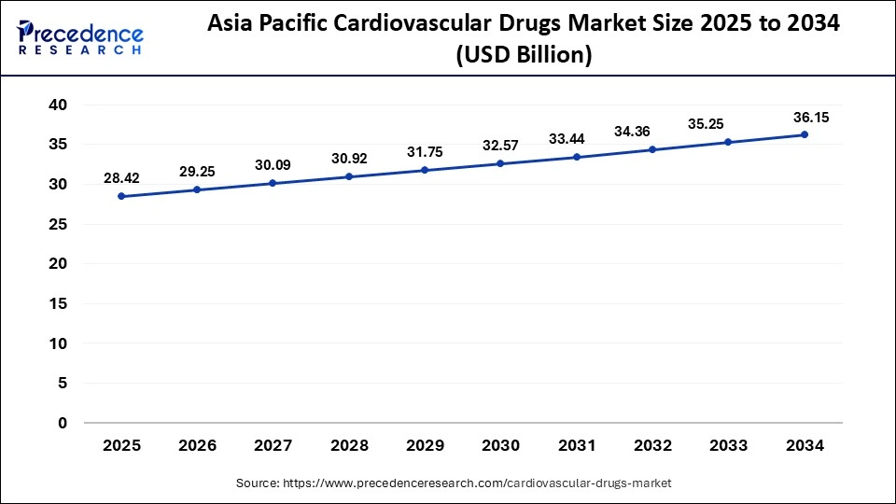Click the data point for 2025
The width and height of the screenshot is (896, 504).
(x=122, y=197)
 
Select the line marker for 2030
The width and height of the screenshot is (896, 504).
(x=500, y=163)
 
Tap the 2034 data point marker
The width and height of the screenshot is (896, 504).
(x=805, y=134)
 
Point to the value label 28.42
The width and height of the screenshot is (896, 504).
(x=122, y=178)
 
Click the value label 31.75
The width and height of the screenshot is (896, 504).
(x=425, y=151)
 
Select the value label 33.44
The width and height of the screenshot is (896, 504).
(x=576, y=138)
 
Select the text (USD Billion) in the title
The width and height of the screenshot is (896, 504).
(x=524, y=56)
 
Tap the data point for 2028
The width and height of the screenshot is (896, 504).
(x=349, y=176)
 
